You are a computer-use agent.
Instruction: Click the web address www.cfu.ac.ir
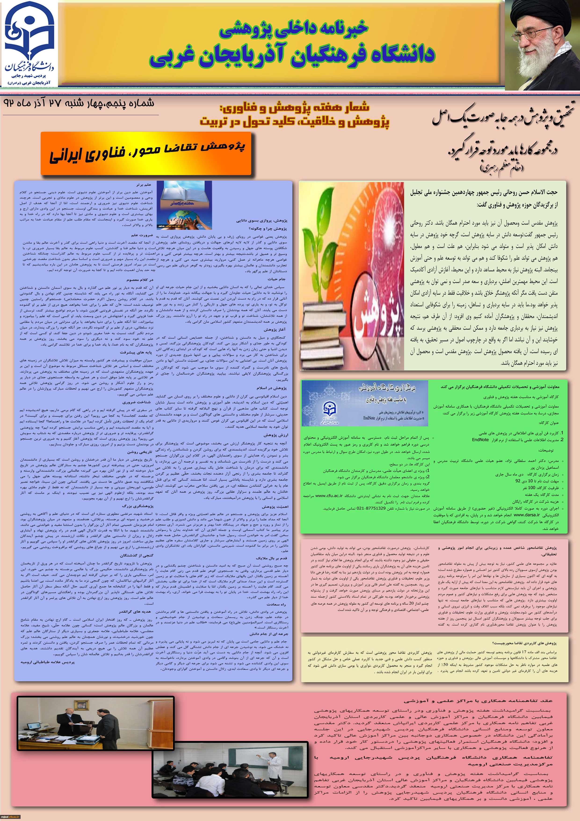coord(329,496)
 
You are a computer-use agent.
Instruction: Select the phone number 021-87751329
coord(369,508)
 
